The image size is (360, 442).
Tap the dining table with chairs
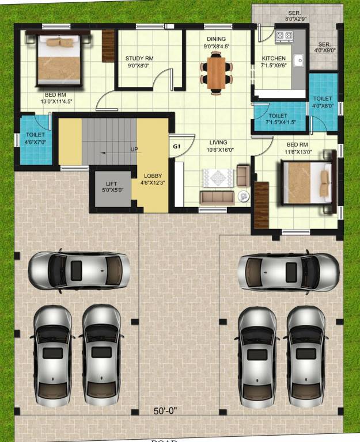[217, 72]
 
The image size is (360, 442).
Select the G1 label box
[177, 147]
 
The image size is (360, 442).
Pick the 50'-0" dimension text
[165, 411]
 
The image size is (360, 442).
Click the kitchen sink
[298, 59]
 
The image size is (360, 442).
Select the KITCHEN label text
[274, 59]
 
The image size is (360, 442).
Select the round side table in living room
[243, 196]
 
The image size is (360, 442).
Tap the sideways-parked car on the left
[79, 269]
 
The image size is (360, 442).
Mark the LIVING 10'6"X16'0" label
[218, 146]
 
